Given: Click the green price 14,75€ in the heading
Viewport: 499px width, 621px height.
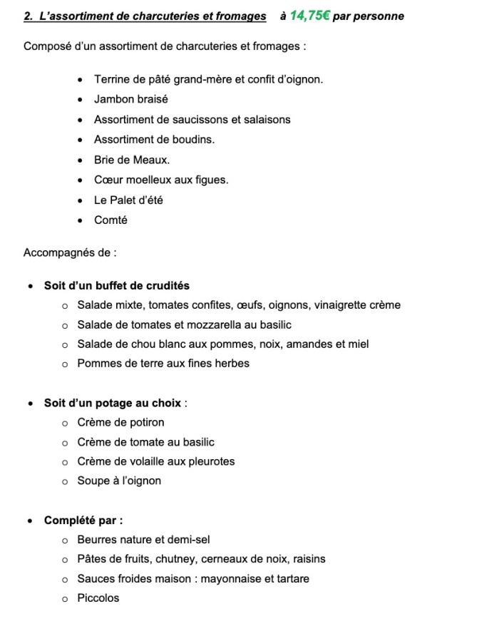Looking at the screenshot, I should pyautogui.click(x=309, y=15).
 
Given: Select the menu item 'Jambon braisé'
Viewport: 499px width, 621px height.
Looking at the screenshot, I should pyautogui.click(x=131, y=99).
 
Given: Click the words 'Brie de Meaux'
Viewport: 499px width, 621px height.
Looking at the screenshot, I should pyautogui.click(x=132, y=160).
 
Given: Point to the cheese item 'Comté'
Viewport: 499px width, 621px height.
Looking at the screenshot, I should pyautogui.click(x=110, y=220).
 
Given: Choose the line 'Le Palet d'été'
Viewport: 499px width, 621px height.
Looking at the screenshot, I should pyautogui.click(x=128, y=200).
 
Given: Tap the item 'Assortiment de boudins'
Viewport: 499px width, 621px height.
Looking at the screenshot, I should pyautogui.click(x=154, y=140).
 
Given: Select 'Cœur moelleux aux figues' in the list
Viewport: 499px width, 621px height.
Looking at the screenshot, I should pyautogui.click(x=161, y=180).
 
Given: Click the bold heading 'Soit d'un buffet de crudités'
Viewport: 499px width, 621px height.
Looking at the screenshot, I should pyautogui.click(x=116, y=286).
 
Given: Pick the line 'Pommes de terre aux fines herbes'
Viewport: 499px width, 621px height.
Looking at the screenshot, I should pyautogui.click(x=163, y=363).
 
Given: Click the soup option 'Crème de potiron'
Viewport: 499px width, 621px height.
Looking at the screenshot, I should pyautogui.click(x=120, y=422).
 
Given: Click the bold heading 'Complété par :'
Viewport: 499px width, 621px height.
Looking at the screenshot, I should pyautogui.click(x=83, y=520).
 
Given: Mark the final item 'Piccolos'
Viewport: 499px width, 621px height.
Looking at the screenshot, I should pyautogui.click(x=98, y=598).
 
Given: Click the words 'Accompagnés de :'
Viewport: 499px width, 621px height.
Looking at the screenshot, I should pyautogui.click(x=70, y=252).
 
